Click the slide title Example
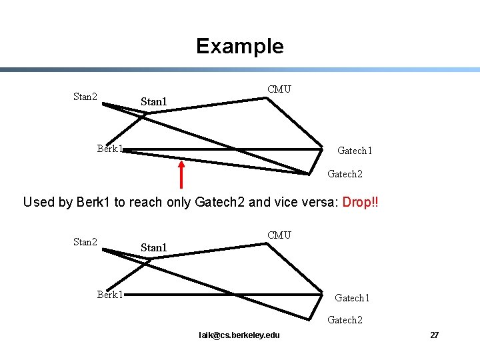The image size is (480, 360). tap(239, 46)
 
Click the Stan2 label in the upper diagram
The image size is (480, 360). tap(85, 97)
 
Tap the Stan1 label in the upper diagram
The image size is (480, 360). tap(153, 102)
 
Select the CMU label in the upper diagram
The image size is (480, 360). tap(279, 89)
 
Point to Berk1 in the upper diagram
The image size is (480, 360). tap(109, 148)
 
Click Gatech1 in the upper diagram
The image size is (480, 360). tap(355, 151)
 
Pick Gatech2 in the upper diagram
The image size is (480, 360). tap(345, 174)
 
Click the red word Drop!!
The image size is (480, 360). tap(360, 202)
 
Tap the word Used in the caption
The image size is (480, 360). tap(39, 202)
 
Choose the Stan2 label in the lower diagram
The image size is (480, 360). tap(85, 242)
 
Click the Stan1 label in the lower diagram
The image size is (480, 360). tap(153, 248)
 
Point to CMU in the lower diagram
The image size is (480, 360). tap(279, 235)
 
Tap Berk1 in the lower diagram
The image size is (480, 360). tap(109, 294)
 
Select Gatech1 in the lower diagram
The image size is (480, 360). tap(352, 298)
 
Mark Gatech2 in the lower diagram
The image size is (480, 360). tap(345, 320)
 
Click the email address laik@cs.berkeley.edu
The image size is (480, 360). tap(239, 335)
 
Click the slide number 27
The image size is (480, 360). tap(434, 335)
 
